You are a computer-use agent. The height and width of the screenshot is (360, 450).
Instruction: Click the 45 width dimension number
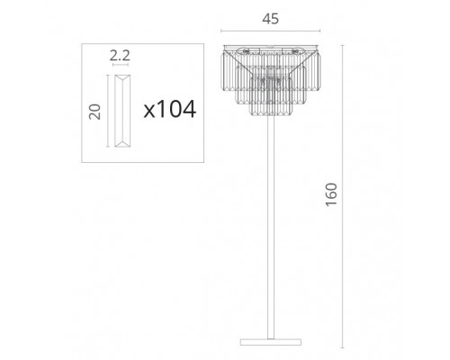(x=270, y=19)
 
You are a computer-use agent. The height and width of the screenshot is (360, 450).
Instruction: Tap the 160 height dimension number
(x=331, y=194)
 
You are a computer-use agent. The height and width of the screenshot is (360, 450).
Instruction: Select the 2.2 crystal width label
(x=120, y=56)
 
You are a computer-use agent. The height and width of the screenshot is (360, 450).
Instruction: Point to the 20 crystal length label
(x=94, y=112)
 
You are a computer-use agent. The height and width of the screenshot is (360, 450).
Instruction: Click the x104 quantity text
(x=170, y=109)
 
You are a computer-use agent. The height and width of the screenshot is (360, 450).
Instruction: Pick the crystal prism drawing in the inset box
(x=122, y=111)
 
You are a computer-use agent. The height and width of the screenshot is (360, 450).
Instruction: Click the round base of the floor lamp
(x=271, y=342)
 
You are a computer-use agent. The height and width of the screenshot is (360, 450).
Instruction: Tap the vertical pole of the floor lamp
(x=271, y=227)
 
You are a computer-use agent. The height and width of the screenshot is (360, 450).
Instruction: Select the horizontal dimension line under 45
(x=270, y=31)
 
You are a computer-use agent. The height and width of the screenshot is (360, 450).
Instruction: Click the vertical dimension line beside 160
(x=342, y=196)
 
